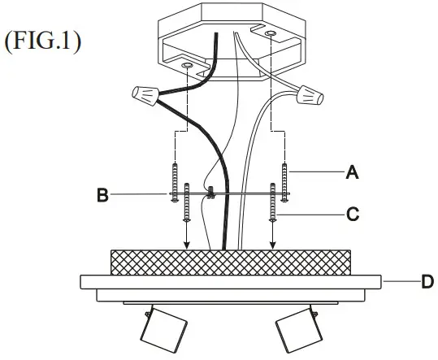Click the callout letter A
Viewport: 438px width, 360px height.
352,171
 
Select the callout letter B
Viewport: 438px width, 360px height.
102,195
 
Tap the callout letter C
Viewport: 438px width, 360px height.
353,215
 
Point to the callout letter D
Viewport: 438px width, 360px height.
427,281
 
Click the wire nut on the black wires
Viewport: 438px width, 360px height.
145,96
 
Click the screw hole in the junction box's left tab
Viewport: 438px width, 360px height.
187,66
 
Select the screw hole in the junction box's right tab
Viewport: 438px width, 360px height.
271,33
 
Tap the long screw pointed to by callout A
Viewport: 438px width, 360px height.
284,182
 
